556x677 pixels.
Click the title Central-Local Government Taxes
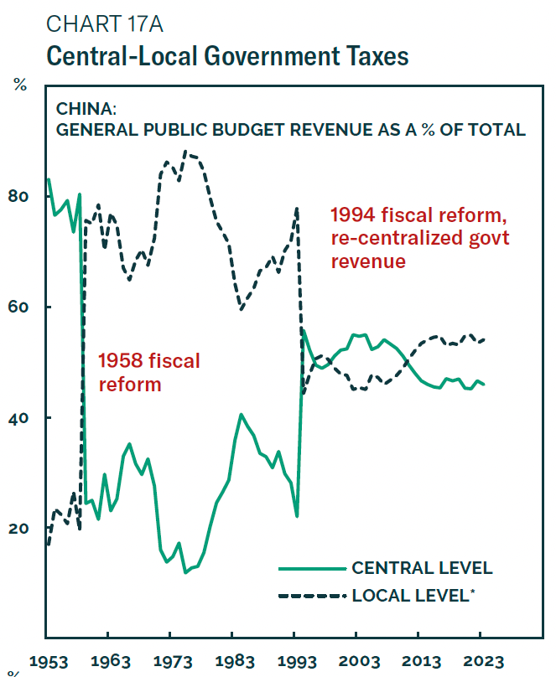(227, 56)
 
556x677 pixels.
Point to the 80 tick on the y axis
(19, 196)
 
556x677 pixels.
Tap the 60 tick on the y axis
(19, 307)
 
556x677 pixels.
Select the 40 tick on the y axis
(19, 417)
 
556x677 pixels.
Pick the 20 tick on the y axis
(19, 528)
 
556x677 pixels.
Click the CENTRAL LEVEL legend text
(422, 568)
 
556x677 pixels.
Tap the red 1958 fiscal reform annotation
(149, 373)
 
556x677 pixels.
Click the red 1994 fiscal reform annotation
(418, 237)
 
